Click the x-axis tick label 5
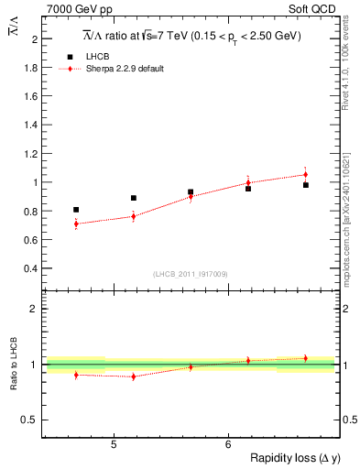coord(113,444)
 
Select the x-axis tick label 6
coord(227,444)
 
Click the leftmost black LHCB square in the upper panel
coord(76,210)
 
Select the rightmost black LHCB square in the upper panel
coord(306,185)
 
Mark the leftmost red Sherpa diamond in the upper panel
coord(76,224)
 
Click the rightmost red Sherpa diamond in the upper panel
coord(306,174)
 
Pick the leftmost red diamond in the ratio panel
coord(76,375)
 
